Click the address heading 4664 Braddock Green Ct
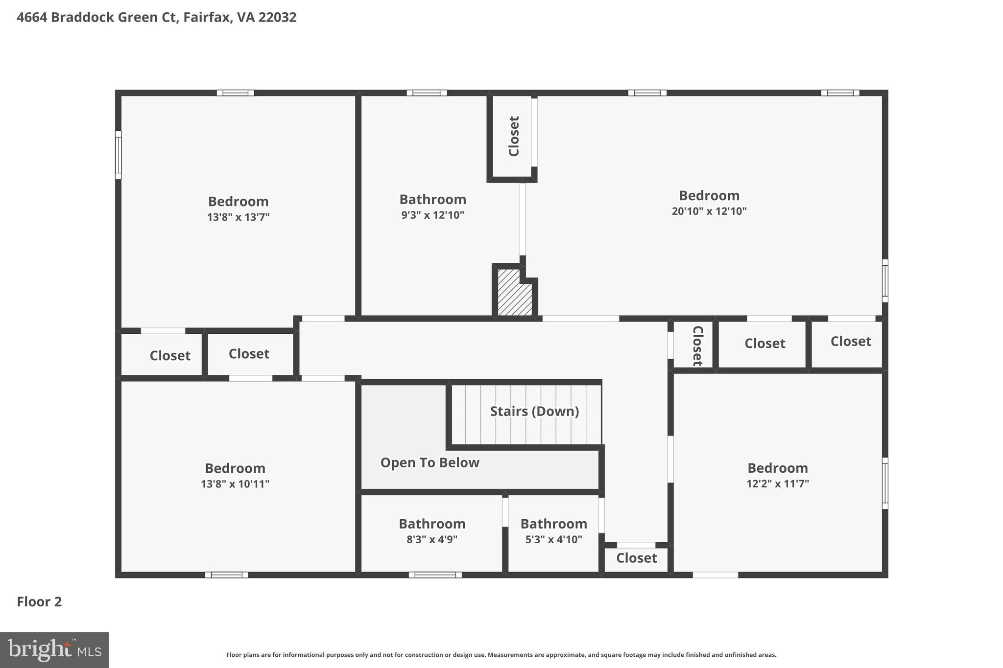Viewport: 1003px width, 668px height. [x=156, y=18]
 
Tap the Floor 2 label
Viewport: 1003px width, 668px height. [x=39, y=602]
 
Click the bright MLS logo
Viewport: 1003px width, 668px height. [x=54, y=650]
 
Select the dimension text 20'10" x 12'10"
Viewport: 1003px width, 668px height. [x=709, y=211]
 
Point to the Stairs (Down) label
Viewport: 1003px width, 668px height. [x=534, y=412]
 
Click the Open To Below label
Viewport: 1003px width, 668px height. [x=430, y=463]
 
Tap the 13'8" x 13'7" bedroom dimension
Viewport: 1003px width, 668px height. [x=238, y=217]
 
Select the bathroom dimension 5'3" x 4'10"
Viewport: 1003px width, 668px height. [x=553, y=540]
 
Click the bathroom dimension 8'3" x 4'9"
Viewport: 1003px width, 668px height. [x=431, y=540]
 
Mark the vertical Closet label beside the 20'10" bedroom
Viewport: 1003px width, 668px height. [x=514, y=136]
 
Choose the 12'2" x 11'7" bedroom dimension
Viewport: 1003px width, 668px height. [x=777, y=484]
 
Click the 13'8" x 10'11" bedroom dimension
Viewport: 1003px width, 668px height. [x=235, y=484]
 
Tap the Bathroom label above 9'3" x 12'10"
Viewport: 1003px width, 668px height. [x=432, y=200]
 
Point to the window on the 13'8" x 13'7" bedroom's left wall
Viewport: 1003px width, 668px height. [x=118, y=155]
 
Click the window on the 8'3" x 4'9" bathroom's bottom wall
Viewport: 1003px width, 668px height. [x=435, y=575]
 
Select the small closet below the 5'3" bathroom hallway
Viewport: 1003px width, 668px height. [x=636, y=558]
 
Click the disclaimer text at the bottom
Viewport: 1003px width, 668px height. [x=501, y=655]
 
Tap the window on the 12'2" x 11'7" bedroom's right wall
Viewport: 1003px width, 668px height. [x=885, y=483]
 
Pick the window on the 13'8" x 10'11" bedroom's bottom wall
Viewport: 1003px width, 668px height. [x=226, y=575]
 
